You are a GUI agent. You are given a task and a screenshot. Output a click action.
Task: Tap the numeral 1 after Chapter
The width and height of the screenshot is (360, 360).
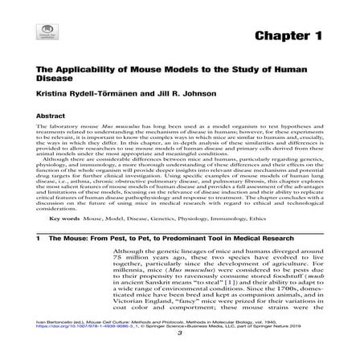tap(317, 37)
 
